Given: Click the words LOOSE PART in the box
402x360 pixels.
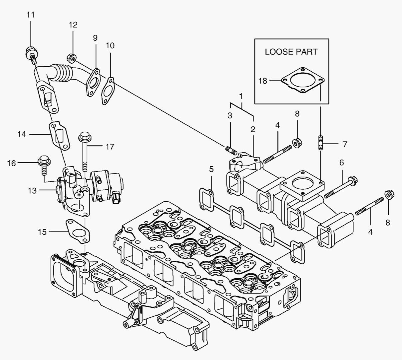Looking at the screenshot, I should tap(291, 52).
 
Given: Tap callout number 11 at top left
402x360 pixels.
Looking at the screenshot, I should tap(31, 15).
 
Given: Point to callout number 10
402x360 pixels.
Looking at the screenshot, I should tap(110, 45).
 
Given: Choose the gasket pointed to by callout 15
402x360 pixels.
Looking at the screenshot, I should tap(77, 230).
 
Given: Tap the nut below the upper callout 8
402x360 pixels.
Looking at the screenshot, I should tap(295, 143).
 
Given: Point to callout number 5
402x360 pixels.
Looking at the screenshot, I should tap(211, 169).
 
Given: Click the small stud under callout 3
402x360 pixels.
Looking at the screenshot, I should tap(231, 149).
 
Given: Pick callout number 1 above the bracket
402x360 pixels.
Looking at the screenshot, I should tap(240, 96).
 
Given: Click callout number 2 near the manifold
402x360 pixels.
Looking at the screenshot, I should tap(253, 129).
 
